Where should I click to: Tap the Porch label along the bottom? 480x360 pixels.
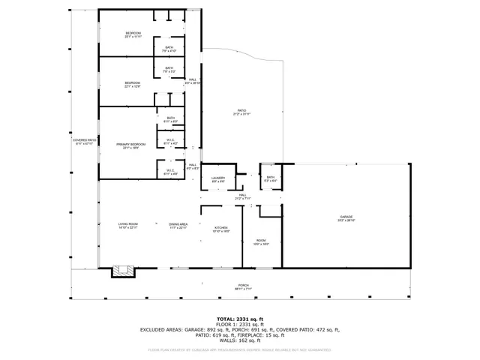[243, 286]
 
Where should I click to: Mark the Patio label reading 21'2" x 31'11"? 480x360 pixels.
[241, 112]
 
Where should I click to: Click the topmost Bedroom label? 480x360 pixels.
[133, 35]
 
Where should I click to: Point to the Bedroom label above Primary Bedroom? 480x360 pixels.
[133, 84]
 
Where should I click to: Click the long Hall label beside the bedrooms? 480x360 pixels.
[193, 81]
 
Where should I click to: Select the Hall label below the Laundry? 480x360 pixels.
[242, 197]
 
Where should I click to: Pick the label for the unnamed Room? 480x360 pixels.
[260, 242]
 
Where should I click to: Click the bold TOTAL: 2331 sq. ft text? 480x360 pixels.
[240, 319]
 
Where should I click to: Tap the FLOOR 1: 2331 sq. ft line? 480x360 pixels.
[240, 324]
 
